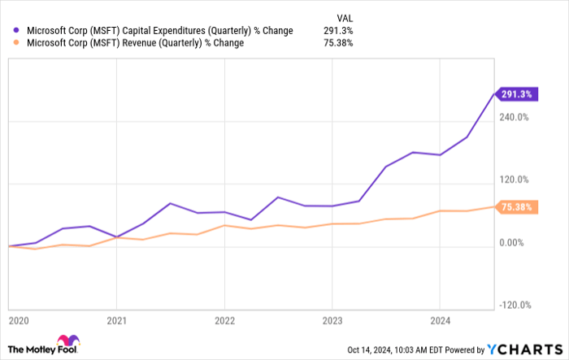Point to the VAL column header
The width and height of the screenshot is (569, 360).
[344, 17]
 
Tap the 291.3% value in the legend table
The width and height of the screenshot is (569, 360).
[338, 31]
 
